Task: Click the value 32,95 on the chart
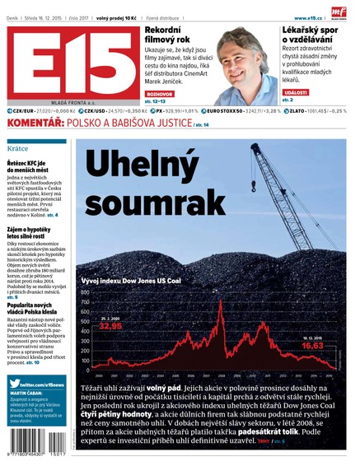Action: [111, 326]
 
